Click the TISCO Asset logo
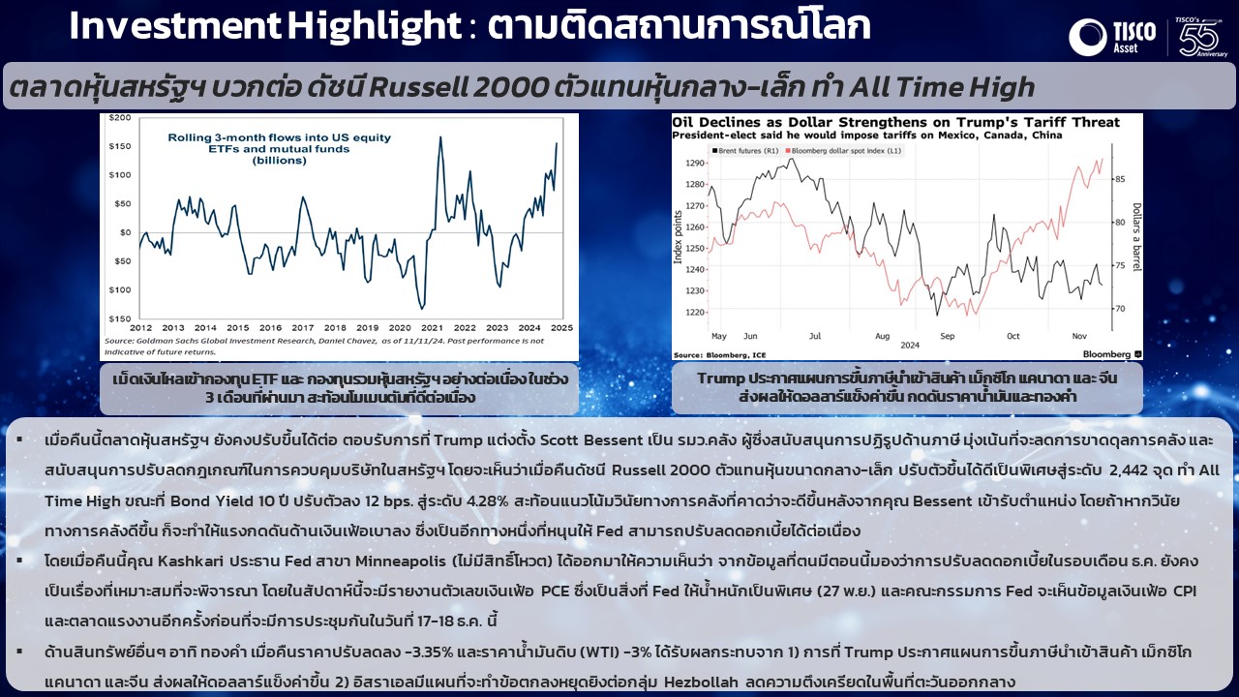coord(1112,37)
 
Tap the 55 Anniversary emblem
coord(1201,37)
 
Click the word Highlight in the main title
coord(375,26)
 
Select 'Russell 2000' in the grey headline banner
coord(458,87)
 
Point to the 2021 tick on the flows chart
coord(432,327)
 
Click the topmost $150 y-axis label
coord(120,146)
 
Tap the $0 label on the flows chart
coord(126,232)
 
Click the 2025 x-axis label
coord(561,327)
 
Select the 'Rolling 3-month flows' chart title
coord(280,149)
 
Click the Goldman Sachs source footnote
coord(324,347)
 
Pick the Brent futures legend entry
coord(745,150)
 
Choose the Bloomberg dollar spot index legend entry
coord(843,150)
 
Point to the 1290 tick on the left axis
coord(695,164)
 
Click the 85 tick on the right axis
coord(1120,179)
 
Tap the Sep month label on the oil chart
coord(947,336)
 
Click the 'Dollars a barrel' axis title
coord(1136,237)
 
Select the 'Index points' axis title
coord(678,237)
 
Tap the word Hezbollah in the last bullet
coord(701,682)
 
